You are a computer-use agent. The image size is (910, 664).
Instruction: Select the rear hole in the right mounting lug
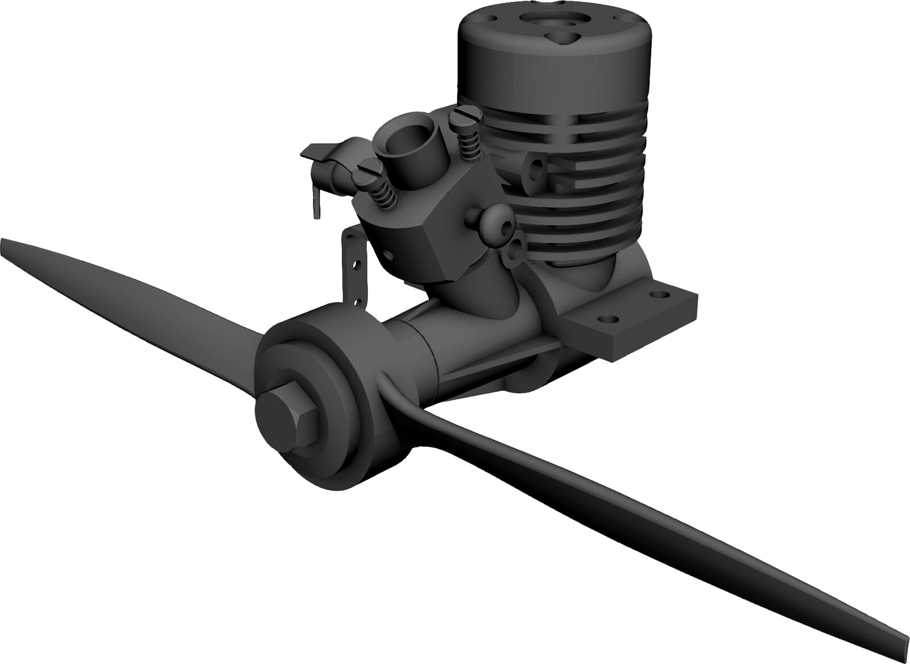click(660, 296)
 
